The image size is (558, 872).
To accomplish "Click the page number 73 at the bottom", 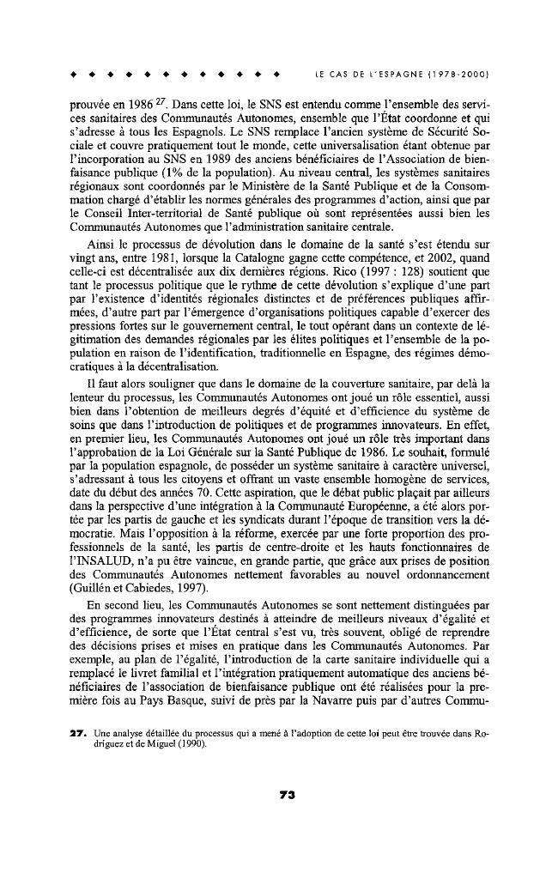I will click(287, 795).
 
